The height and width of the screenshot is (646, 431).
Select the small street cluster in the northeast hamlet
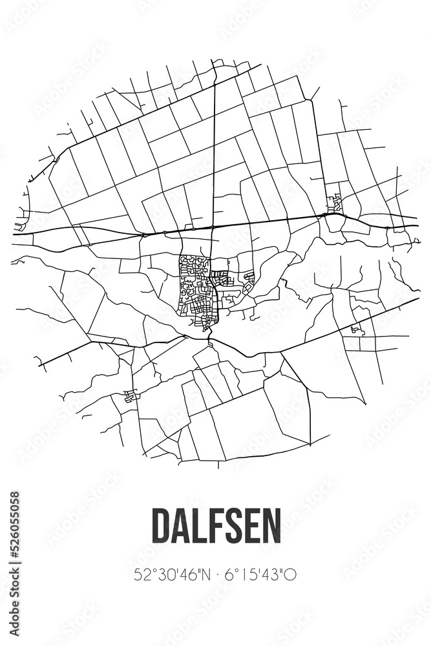pos(335,203)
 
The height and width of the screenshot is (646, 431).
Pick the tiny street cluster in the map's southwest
pos(131,396)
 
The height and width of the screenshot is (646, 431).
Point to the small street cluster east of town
pos(357,331)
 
